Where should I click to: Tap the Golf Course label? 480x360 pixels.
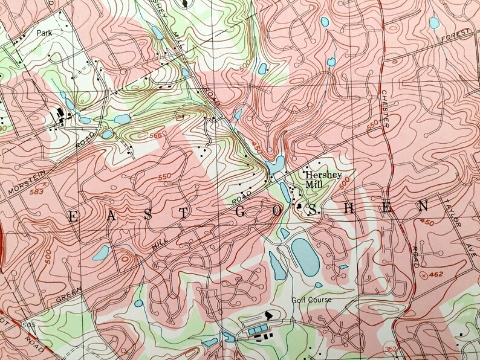pyautogui.click(x=311, y=300)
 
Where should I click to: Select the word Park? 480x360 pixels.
pyautogui.click(x=44, y=33)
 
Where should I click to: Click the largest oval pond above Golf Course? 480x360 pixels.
pyautogui.click(x=306, y=256)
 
